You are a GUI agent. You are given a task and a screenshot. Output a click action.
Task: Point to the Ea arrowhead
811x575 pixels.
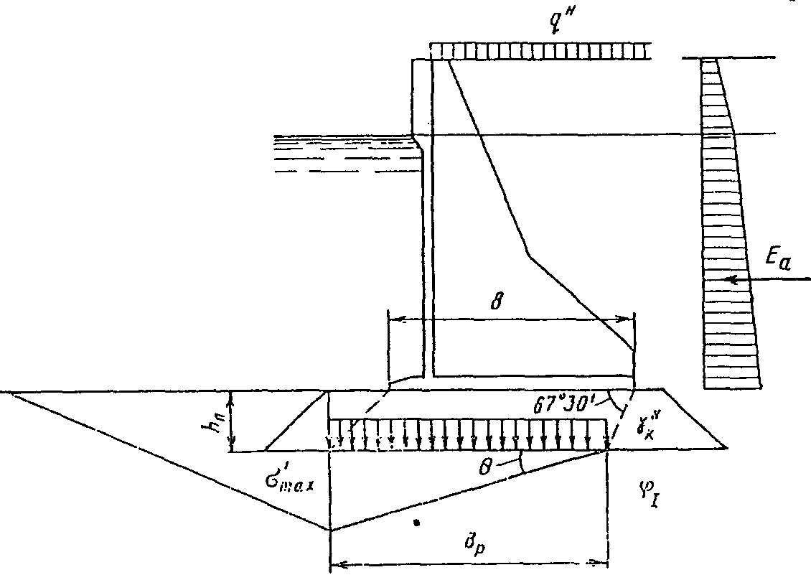pyautogui.click(x=729, y=280)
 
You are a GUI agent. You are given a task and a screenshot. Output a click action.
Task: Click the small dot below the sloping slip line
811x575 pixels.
pyautogui.click(x=416, y=523)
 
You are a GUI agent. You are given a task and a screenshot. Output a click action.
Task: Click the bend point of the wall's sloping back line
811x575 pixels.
pyautogui.click(x=529, y=255)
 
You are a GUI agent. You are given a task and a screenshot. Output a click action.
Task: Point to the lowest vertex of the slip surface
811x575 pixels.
pyautogui.click(x=330, y=530)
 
